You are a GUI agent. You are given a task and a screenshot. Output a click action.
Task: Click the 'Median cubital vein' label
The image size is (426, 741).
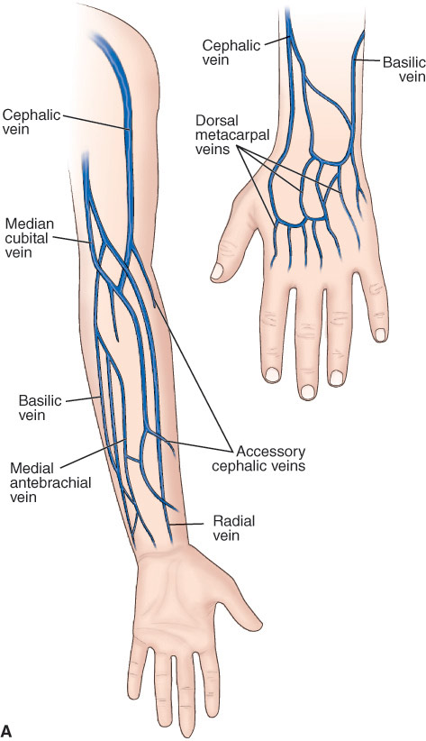pos(26,238)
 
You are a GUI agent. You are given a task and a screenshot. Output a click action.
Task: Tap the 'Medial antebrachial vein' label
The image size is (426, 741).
pos(50,482)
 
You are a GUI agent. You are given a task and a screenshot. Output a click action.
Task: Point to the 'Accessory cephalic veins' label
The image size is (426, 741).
pos(258,459)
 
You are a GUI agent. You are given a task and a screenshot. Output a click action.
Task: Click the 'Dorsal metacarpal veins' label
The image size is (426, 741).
pos(231,134)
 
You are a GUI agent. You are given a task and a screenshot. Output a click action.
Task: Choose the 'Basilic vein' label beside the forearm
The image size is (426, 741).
pos(41,407)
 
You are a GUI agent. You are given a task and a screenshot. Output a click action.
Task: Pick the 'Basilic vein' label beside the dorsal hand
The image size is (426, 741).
pos(403,69)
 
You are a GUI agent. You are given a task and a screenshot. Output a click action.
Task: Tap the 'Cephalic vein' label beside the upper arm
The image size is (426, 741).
pos(32,122)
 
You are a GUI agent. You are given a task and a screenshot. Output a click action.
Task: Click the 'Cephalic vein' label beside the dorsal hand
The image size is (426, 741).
pos(231,52)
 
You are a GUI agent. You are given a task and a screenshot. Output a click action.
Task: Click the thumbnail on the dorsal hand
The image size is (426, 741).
pos(217,270)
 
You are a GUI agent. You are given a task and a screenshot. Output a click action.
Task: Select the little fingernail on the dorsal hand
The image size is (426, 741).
pos(380,334)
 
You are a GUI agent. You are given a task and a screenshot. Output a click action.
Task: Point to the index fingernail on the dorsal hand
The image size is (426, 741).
pos(273,375)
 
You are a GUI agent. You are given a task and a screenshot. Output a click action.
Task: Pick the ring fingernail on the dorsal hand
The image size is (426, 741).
pos(336,378)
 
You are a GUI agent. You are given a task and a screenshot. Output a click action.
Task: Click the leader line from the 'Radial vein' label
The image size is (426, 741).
pos(187,524)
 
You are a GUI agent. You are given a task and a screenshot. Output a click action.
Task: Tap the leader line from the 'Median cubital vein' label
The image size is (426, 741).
pos(73,240)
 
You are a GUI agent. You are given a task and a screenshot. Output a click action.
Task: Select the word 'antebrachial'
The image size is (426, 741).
pos(50,482)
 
